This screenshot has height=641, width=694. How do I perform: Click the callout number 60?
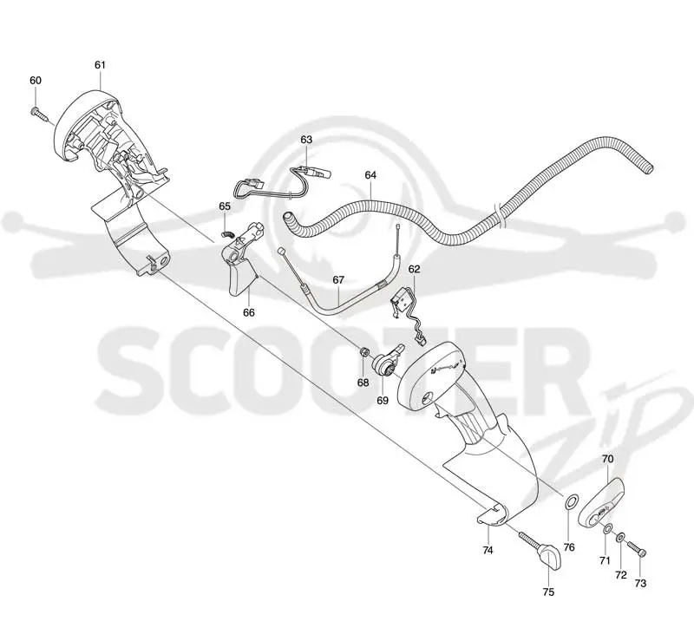(x=36, y=81)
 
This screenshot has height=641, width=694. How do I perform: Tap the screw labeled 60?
(x=39, y=114)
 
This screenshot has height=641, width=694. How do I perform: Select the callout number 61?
(x=100, y=65)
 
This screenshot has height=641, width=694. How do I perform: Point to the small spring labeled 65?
(x=226, y=234)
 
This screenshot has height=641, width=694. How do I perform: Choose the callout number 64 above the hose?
(x=370, y=175)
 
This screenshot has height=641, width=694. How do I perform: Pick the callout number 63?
(x=306, y=140)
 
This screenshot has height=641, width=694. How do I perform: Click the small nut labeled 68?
(x=363, y=352)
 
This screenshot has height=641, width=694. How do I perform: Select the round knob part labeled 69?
(x=386, y=360)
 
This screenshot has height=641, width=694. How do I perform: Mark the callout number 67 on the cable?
(x=338, y=280)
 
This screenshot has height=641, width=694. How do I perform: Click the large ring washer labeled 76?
(x=571, y=502)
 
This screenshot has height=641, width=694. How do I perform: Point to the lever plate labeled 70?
(x=601, y=503)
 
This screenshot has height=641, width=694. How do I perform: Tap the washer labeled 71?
(x=608, y=528)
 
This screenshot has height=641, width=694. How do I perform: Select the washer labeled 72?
(x=621, y=538)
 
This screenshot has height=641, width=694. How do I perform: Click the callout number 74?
(x=488, y=550)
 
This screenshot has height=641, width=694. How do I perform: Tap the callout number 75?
(x=548, y=592)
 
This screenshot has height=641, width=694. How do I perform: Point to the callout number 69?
(x=383, y=401)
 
